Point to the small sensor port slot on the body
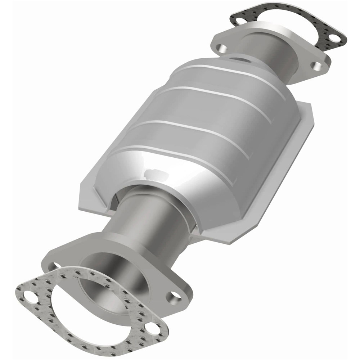(x=239, y=59)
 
